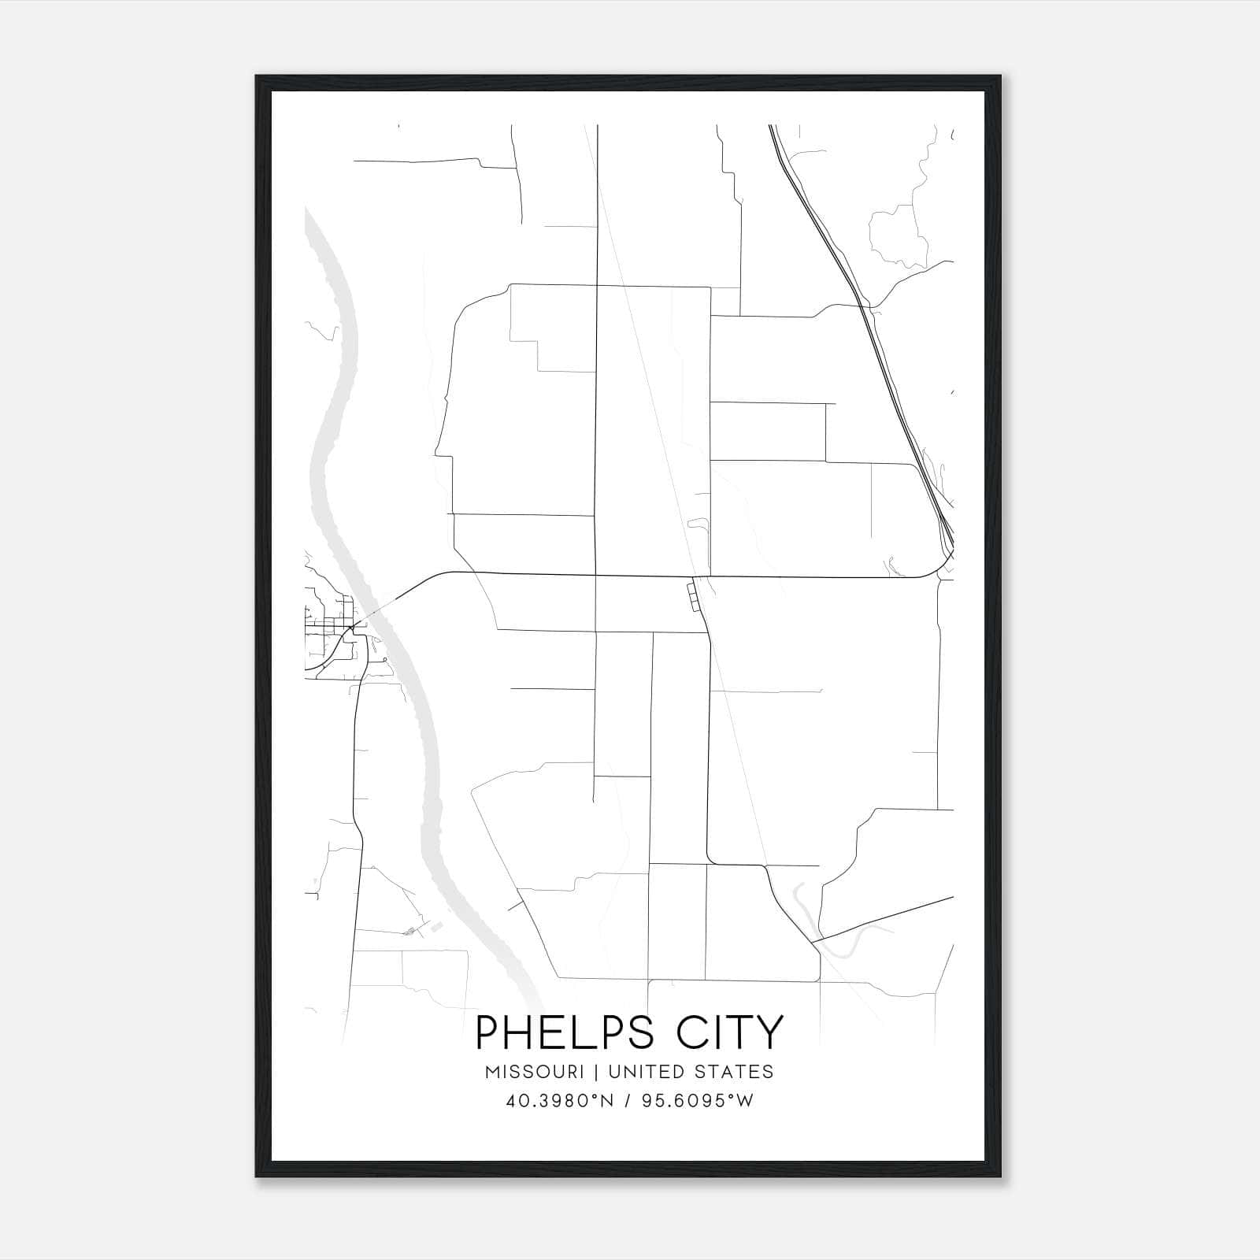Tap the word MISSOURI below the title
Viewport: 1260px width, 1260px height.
coord(535,1072)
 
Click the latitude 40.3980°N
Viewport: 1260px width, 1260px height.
coord(560,1101)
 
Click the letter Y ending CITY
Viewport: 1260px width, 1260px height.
coord(770,1032)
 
